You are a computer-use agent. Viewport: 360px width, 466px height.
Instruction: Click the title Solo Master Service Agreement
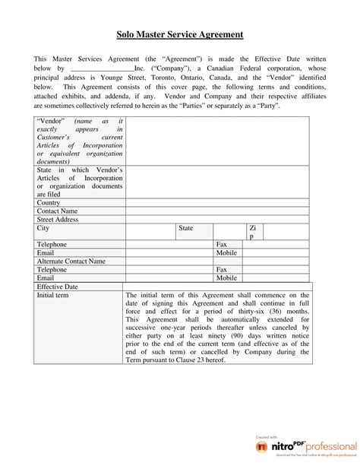(180, 34)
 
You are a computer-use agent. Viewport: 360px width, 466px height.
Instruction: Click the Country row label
(49, 202)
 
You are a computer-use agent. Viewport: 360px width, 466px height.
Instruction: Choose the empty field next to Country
(216, 202)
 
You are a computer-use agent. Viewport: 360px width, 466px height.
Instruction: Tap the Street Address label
(58, 219)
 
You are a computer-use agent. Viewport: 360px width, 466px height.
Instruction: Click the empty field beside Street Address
(216, 219)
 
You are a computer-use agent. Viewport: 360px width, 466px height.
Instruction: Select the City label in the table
(43, 227)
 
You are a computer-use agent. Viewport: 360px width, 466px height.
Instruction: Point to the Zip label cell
(253, 232)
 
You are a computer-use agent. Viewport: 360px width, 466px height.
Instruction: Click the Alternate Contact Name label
(71, 261)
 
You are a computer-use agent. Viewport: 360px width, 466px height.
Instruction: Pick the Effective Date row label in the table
(58, 286)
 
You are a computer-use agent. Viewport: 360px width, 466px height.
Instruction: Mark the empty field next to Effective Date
(216, 286)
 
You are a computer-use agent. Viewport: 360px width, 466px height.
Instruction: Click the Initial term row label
(53, 295)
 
